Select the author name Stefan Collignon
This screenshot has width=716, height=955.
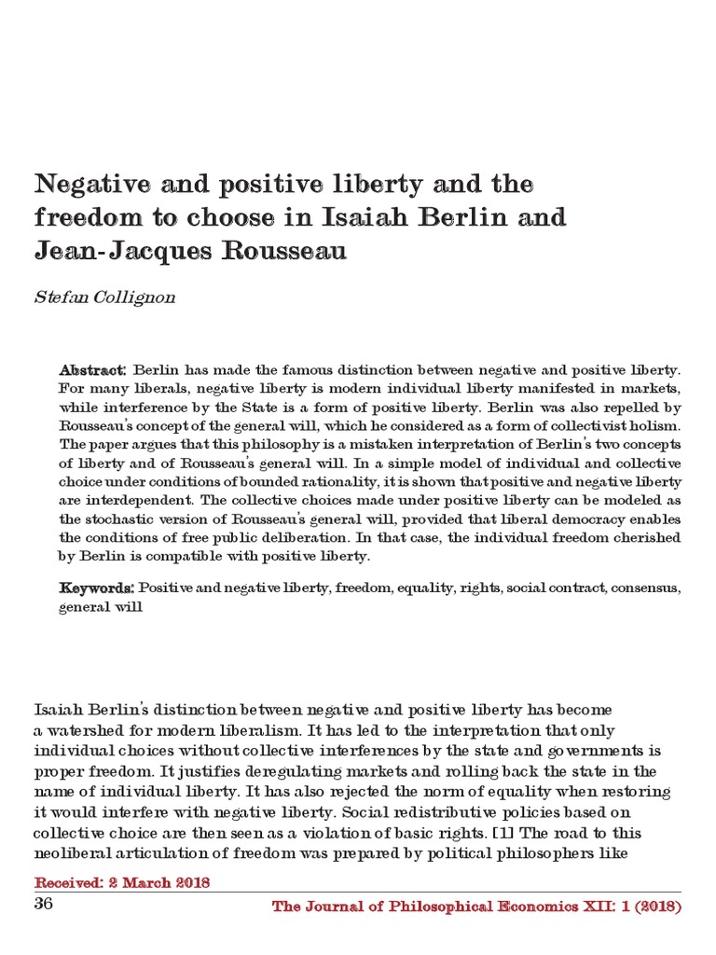click(104, 298)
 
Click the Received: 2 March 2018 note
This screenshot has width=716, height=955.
click(121, 882)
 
